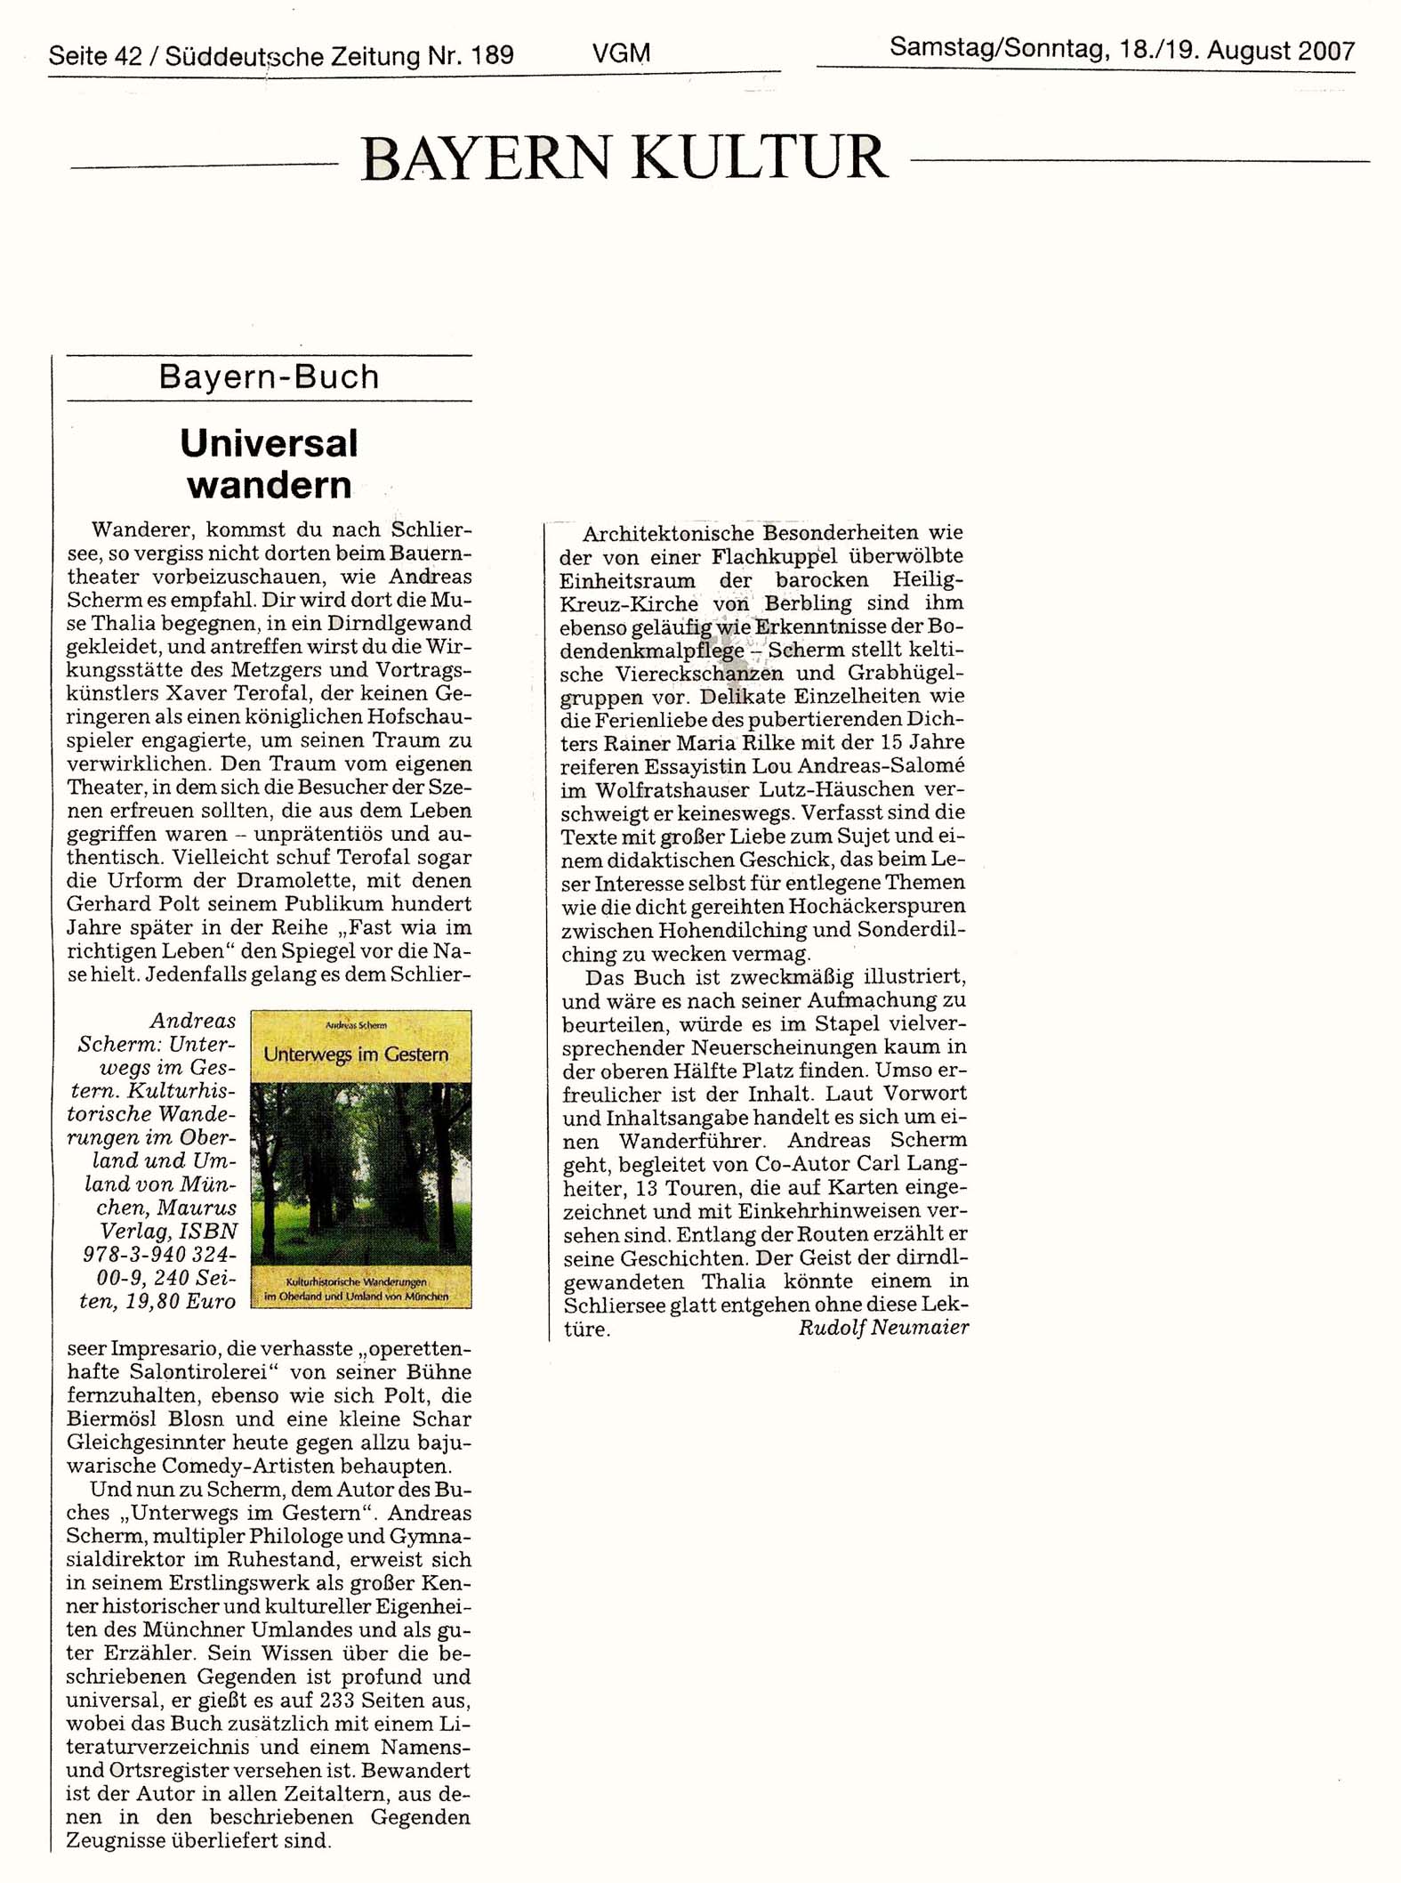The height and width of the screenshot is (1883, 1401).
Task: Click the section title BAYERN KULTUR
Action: click(624, 158)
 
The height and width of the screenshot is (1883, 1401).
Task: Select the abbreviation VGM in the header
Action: click(621, 53)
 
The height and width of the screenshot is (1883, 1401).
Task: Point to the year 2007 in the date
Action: click(1325, 50)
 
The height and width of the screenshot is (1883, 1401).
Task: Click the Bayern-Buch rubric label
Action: click(269, 377)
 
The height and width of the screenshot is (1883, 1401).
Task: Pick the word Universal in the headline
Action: click(269, 443)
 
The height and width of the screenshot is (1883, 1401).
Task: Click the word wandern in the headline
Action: click(269, 485)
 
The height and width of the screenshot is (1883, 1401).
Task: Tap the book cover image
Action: click(361, 1159)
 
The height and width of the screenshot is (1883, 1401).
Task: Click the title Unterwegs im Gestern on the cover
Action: click(356, 1055)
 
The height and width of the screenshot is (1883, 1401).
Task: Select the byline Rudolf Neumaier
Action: click(882, 1328)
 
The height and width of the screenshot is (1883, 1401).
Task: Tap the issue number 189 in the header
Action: click(492, 56)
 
